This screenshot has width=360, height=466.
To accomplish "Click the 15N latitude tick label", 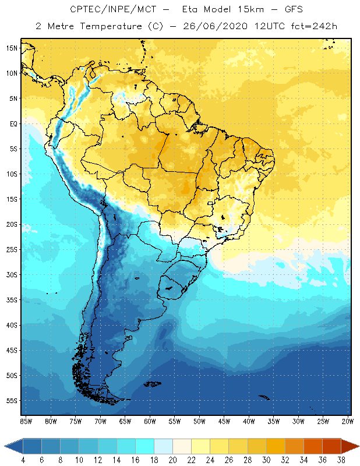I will coord(12,48).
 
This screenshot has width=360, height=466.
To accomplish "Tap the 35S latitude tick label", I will coord(12,299).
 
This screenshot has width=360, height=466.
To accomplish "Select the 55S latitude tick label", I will coord(12,400).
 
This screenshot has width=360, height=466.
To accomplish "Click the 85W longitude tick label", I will coord(26,421).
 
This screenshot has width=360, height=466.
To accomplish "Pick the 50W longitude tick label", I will coord(199,421).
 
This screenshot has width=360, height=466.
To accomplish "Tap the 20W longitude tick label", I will coord(348,421).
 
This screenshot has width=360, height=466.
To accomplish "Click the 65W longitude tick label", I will coord(125,421).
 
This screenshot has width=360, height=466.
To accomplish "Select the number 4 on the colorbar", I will coord(23,460).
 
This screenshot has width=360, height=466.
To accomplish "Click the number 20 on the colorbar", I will coord(172,460).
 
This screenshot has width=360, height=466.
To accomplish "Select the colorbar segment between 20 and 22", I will coord(182,446).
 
